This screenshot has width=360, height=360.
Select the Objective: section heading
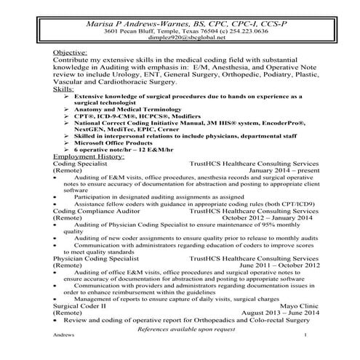72,55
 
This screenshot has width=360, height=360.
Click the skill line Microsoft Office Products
116,144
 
